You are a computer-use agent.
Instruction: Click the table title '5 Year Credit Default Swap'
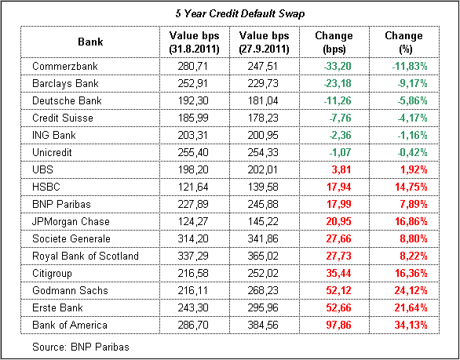pyautogui.click(x=240, y=14)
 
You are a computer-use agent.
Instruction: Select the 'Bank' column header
pyautogui.click(x=90, y=42)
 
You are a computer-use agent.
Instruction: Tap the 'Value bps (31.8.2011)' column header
pyautogui.click(x=194, y=42)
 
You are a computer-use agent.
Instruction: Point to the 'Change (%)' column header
pyautogui.click(x=403, y=42)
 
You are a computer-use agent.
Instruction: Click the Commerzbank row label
pyautogui.click(x=65, y=66)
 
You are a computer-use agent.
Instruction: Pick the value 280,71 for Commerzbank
pyautogui.click(x=193, y=67)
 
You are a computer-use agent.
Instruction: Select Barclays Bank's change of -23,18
pyautogui.click(x=338, y=84)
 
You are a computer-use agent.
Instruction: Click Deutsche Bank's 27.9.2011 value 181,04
pyautogui.click(x=262, y=101)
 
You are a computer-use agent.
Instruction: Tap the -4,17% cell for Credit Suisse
pyautogui.click(x=410, y=118)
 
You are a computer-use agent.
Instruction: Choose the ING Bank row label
pyautogui.click(x=54, y=135)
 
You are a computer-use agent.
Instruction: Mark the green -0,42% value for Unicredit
pyautogui.click(x=410, y=153)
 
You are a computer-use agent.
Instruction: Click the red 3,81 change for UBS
pyautogui.click(x=341, y=170)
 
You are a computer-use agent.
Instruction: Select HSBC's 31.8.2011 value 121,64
pyautogui.click(x=193, y=187)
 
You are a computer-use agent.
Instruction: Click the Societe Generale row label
pyautogui.click(x=71, y=238)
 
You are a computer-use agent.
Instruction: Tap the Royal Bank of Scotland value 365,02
pyautogui.click(x=262, y=256)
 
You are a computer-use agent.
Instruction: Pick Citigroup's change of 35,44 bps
pyautogui.click(x=338, y=274)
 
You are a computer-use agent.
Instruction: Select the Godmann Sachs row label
pyautogui.click(x=70, y=290)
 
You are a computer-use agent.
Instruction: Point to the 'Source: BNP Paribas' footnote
pyautogui.click(x=81, y=347)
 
